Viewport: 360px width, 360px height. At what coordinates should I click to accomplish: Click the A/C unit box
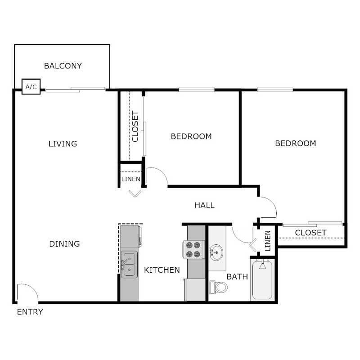coord(31,86)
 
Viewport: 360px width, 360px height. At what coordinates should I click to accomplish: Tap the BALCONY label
coord(63,66)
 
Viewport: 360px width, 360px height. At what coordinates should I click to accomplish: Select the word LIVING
coord(63,144)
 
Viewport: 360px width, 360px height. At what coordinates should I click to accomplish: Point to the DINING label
coord(64,244)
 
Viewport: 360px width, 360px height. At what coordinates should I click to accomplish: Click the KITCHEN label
coord(162,270)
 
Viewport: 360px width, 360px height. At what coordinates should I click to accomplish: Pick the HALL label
coord(204,205)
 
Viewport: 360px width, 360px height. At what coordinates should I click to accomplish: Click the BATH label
coord(237,276)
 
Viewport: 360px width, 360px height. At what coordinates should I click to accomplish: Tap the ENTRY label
coord(30,312)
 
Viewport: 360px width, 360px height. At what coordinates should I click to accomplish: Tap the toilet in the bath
coord(219,286)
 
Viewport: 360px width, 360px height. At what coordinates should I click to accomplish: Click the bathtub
coord(262,280)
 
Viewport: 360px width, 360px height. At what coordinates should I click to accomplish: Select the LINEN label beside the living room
coord(131,179)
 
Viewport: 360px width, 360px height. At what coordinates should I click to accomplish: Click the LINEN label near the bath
coord(268,241)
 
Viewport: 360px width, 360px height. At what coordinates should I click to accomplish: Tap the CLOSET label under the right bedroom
coord(310,233)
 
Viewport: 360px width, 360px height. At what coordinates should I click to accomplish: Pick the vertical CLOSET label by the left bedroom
coord(135,126)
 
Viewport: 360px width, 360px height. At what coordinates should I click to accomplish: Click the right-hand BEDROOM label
coord(296,144)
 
